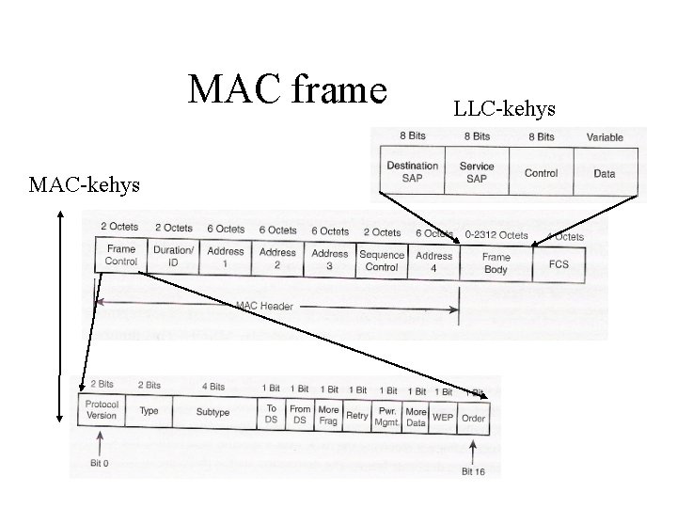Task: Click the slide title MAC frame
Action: point(288,90)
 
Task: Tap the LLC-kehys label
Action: point(505,110)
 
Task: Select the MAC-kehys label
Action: point(85,184)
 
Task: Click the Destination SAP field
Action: point(412,172)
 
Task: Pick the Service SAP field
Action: point(477,172)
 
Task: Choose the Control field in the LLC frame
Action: point(541,173)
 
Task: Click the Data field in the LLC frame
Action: point(605,173)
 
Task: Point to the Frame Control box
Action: point(121,256)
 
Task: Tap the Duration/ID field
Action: point(173,257)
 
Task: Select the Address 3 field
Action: point(329,259)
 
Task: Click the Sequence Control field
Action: point(382,261)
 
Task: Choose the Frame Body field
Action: point(496,262)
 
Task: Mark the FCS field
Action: point(559,264)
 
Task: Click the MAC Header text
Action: point(264,306)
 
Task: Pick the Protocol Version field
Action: point(101,410)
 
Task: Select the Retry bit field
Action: point(357,415)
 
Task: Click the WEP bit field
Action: point(443,417)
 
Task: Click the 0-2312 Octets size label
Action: point(496,234)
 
